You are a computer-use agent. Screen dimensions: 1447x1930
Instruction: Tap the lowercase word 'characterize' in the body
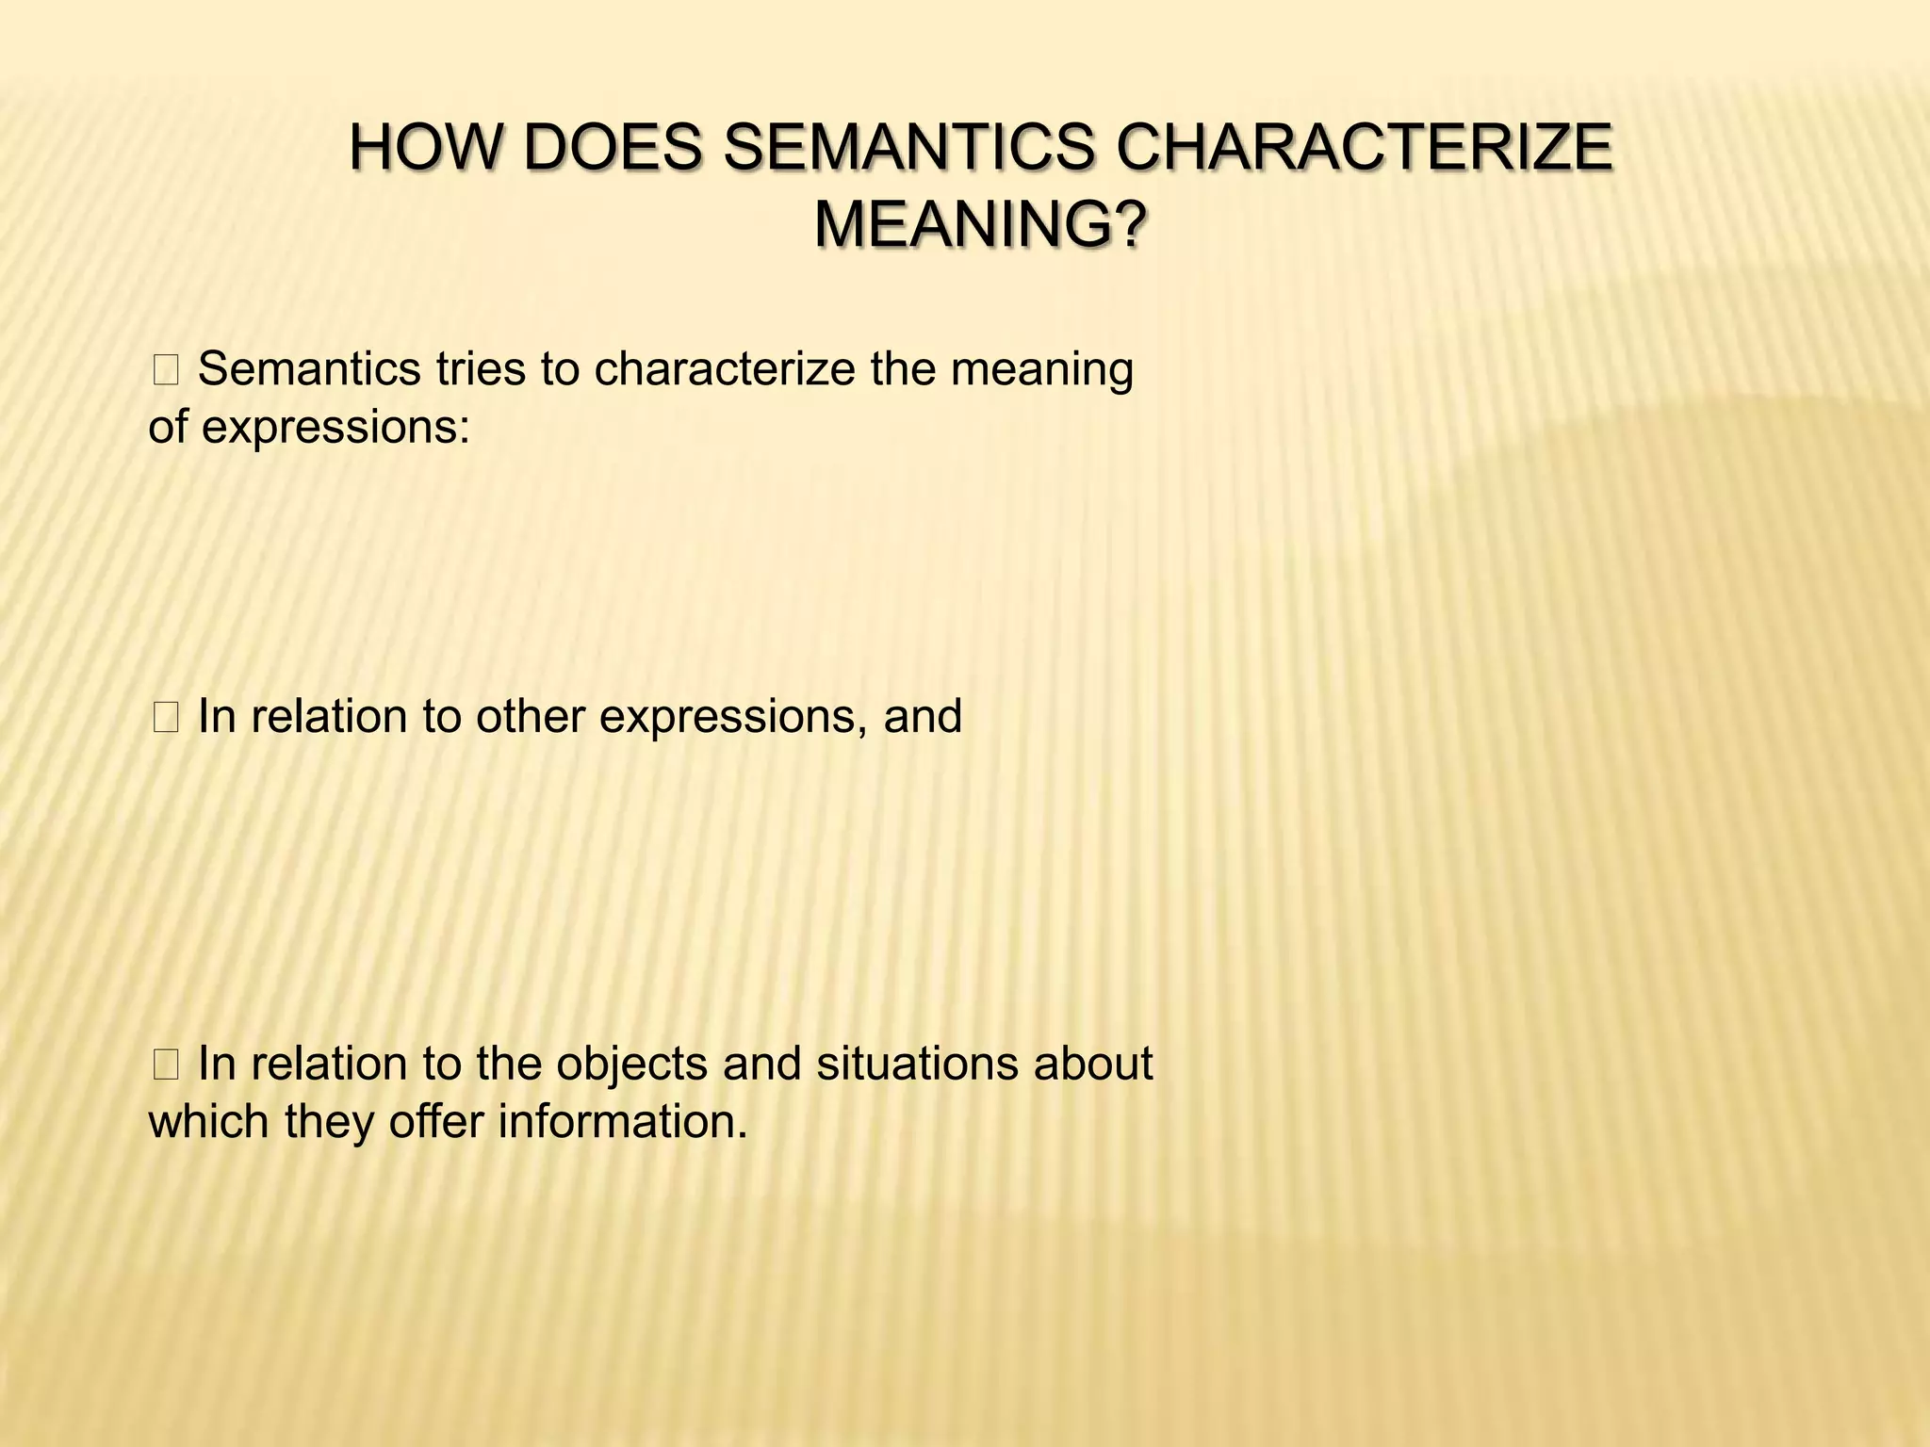[x=724, y=369]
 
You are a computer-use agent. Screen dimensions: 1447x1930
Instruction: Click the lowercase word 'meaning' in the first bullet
[x=1041, y=369]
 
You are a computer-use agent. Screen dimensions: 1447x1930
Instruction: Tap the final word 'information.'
[x=622, y=1122]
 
